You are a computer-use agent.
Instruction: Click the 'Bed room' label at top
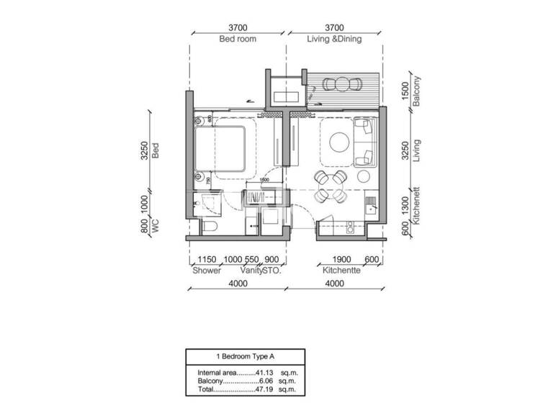tap(238, 40)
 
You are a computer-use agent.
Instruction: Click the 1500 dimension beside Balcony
tap(406, 91)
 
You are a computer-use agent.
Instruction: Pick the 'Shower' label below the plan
tap(207, 271)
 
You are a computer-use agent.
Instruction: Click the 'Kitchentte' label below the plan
tap(336, 271)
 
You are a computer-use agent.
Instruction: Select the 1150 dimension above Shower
tap(207, 260)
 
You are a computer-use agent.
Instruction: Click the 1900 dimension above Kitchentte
tap(341, 260)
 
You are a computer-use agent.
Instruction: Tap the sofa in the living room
tap(365, 142)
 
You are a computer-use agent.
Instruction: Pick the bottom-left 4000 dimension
tap(238, 284)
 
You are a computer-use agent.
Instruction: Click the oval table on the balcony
tap(342, 84)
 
